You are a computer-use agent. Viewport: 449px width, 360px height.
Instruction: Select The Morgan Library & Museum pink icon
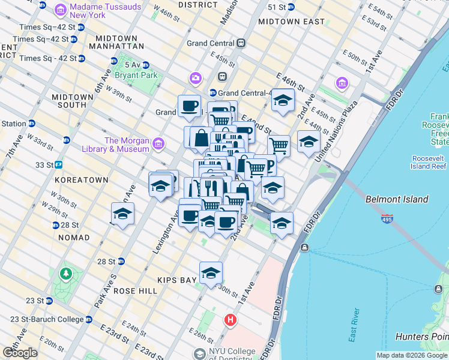click(158, 143)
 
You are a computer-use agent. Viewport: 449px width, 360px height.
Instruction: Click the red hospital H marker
click(231, 320)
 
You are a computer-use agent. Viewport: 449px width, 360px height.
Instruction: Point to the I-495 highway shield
click(387, 220)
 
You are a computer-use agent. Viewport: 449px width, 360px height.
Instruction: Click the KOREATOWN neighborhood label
click(81, 180)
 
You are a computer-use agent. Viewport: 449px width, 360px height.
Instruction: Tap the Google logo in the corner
click(20, 353)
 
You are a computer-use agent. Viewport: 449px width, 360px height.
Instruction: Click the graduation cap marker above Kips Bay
click(211, 273)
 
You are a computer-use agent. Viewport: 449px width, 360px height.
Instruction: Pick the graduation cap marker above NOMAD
click(122, 214)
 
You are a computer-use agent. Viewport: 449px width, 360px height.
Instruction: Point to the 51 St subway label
click(277, 7)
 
